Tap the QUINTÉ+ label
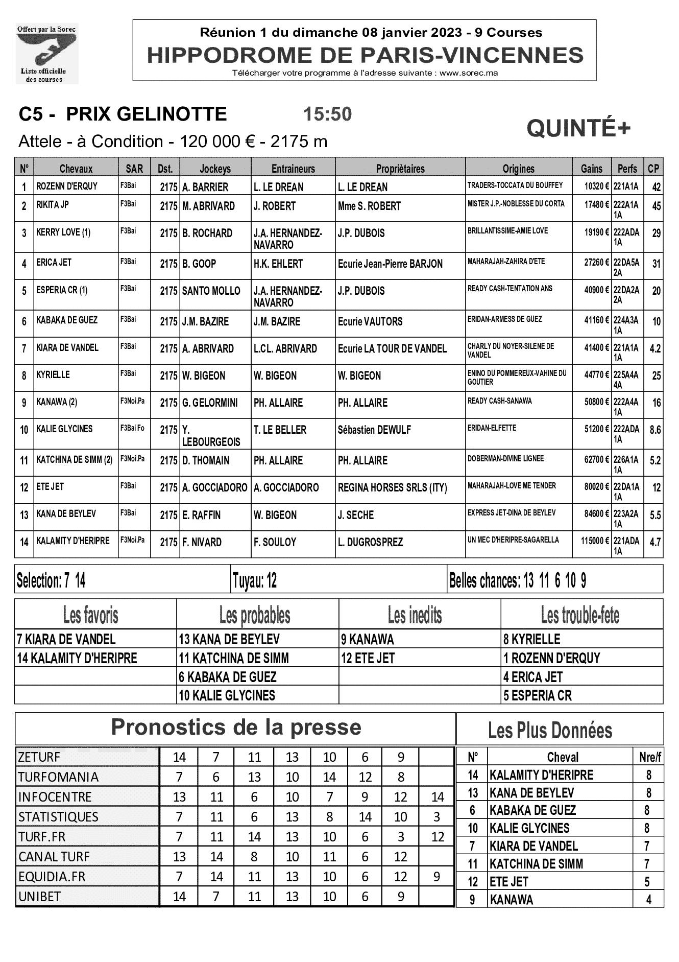point(578,129)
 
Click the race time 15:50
point(327,114)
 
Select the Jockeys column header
point(215,169)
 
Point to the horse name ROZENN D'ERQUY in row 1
point(67,186)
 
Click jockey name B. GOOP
point(199,264)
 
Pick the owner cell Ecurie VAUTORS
point(370,322)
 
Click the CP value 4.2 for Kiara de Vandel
point(655,349)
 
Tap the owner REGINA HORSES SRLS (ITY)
point(392,488)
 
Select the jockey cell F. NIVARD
point(202,542)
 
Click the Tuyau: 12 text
point(254,581)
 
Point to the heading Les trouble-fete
point(580,616)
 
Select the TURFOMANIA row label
point(58,777)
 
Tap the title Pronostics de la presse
point(236,727)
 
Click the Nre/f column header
point(650,757)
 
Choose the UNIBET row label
point(39,897)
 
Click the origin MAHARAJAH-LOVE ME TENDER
point(512,485)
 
